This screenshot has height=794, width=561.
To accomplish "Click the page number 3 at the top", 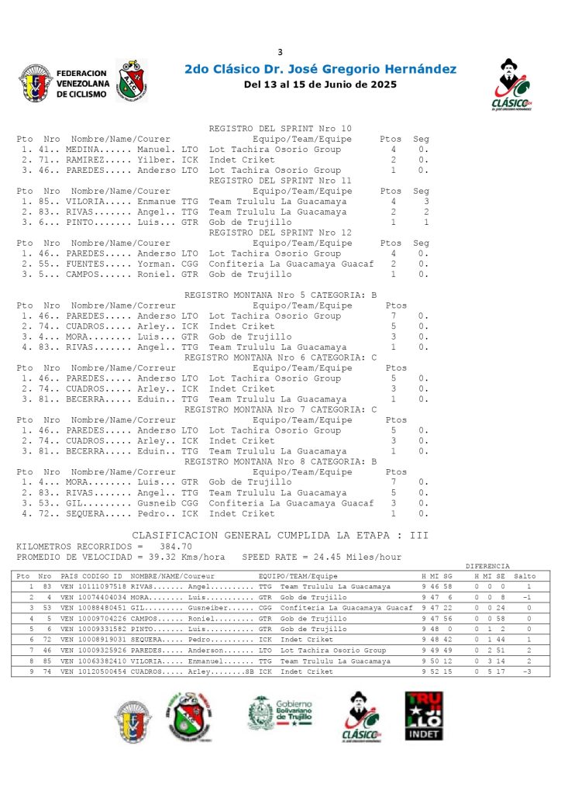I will point(280,52).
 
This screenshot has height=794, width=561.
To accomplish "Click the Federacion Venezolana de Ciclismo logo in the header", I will point(53,82).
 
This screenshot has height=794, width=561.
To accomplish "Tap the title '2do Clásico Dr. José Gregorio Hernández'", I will point(320,70).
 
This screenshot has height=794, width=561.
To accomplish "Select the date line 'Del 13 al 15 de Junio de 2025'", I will point(320,85).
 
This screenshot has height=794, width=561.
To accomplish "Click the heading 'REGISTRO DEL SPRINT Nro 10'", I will point(280,129).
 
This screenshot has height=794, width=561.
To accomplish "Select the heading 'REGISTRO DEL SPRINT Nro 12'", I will point(280,233).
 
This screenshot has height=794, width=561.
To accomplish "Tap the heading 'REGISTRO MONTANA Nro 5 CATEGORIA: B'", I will point(280,295).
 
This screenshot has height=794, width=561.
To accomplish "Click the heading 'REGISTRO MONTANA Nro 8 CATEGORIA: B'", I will point(280,461).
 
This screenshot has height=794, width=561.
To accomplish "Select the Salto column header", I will point(525,577).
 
